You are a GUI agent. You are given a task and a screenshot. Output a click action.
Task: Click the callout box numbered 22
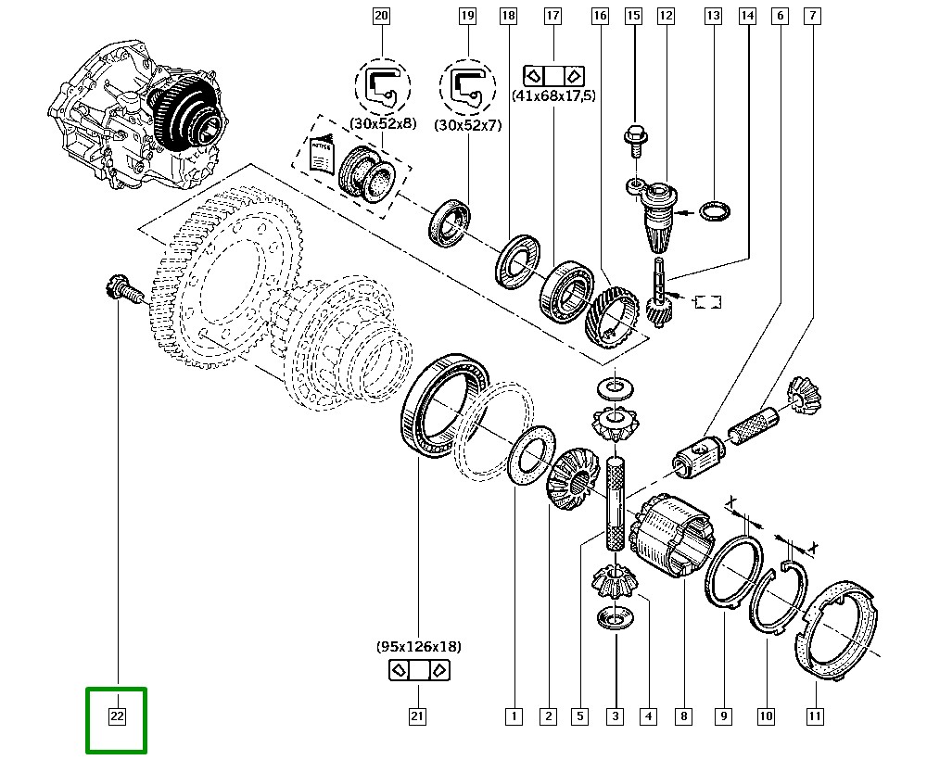click(117, 716)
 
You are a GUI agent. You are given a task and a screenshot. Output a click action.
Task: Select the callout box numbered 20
click(380, 16)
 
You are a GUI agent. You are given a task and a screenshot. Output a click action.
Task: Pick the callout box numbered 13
click(713, 16)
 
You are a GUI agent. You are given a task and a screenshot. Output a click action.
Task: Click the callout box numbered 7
click(812, 16)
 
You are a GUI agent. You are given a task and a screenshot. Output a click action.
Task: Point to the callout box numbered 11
click(815, 716)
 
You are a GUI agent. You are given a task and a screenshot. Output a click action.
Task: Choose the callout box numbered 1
click(514, 716)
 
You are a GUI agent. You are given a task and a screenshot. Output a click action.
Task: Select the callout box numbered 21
click(416, 716)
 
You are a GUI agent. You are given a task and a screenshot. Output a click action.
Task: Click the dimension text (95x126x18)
click(418, 646)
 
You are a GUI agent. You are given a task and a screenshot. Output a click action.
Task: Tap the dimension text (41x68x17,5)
click(553, 95)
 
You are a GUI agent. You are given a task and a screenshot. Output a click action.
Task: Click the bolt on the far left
click(122, 290)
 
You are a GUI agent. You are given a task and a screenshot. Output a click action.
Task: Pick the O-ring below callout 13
click(713, 212)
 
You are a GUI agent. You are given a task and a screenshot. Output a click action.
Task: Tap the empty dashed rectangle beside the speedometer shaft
click(707, 300)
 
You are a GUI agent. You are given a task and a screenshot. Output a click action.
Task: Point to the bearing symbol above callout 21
click(418, 670)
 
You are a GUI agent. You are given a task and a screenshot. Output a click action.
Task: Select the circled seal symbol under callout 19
click(468, 85)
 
